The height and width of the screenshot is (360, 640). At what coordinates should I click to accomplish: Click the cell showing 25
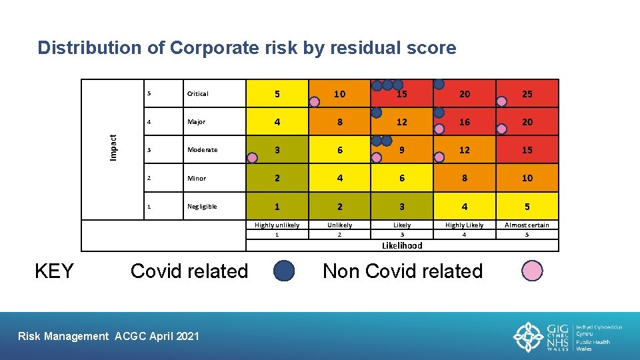click(527, 94)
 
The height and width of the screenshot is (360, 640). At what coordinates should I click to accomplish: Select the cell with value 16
click(464, 122)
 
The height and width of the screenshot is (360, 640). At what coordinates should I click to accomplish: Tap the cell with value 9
click(401, 150)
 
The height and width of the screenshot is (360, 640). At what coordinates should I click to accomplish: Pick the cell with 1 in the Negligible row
click(277, 206)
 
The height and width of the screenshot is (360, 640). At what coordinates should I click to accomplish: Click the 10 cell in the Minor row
click(527, 178)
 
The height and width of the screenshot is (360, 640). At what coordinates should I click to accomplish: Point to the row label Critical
click(198, 94)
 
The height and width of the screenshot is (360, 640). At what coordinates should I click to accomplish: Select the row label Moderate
click(202, 150)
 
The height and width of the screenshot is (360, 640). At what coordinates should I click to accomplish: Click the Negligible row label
click(202, 207)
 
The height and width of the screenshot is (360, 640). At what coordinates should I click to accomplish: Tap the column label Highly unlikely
click(277, 225)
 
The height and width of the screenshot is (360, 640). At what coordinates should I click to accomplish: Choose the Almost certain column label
click(527, 225)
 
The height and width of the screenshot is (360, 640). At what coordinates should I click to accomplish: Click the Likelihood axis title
click(402, 245)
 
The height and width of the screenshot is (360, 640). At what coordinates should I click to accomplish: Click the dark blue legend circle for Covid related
click(285, 271)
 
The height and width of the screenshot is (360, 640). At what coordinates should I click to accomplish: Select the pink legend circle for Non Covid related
click(532, 271)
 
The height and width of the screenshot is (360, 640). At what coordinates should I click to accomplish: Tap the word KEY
click(54, 271)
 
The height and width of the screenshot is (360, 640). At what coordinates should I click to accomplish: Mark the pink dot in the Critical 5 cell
click(314, 101)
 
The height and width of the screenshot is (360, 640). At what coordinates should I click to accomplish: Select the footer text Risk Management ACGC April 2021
click(108, 336)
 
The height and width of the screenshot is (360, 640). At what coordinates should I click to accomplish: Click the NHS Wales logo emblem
click(528, 337)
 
